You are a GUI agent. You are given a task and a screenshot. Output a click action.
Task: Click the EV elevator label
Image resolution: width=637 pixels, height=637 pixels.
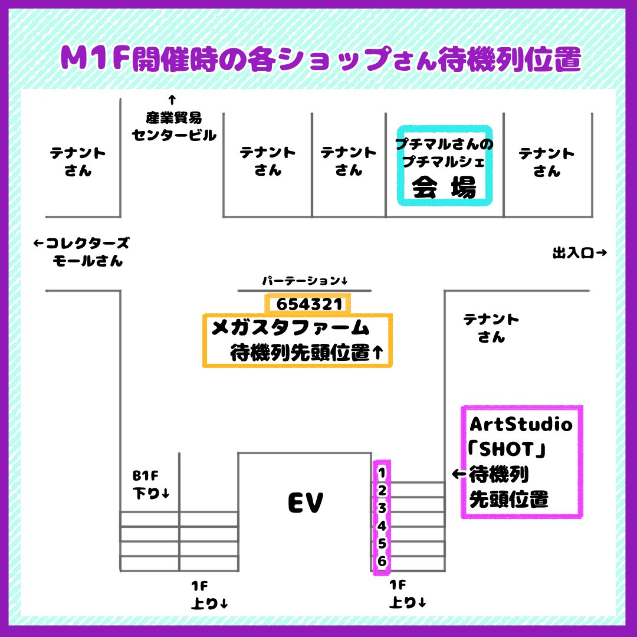306,503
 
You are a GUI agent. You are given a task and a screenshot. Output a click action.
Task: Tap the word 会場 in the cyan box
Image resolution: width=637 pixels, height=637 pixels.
444,188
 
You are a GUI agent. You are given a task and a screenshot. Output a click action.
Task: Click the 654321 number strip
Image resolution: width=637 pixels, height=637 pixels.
308,304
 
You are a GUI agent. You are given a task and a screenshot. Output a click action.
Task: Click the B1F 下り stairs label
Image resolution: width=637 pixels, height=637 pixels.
151,484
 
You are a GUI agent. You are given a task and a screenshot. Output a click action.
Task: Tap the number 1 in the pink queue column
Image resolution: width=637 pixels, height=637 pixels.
382,473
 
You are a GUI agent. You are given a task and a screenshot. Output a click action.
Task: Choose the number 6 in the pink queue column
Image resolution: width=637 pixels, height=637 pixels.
382,561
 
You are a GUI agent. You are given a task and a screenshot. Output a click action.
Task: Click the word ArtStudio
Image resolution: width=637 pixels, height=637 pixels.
521,424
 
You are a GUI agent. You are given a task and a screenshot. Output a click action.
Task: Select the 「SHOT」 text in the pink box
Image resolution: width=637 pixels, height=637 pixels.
507,449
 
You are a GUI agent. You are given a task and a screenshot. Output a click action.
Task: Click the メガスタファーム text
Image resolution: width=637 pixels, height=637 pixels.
290,327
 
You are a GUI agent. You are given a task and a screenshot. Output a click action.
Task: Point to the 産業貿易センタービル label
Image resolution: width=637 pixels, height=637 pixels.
174,126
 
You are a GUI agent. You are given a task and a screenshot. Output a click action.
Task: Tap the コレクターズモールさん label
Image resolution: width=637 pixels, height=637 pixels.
81,252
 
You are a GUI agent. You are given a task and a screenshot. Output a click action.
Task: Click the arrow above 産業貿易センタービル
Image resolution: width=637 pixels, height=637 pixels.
172,100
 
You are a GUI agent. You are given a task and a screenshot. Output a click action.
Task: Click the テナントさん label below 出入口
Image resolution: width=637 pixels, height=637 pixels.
491,328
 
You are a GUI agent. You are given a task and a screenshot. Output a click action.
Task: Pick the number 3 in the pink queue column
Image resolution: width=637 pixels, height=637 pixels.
382,508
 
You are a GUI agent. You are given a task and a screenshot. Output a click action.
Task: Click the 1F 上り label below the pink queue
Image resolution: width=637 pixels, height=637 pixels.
408,593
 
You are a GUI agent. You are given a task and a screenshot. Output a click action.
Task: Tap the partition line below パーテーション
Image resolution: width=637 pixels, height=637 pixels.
304,290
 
